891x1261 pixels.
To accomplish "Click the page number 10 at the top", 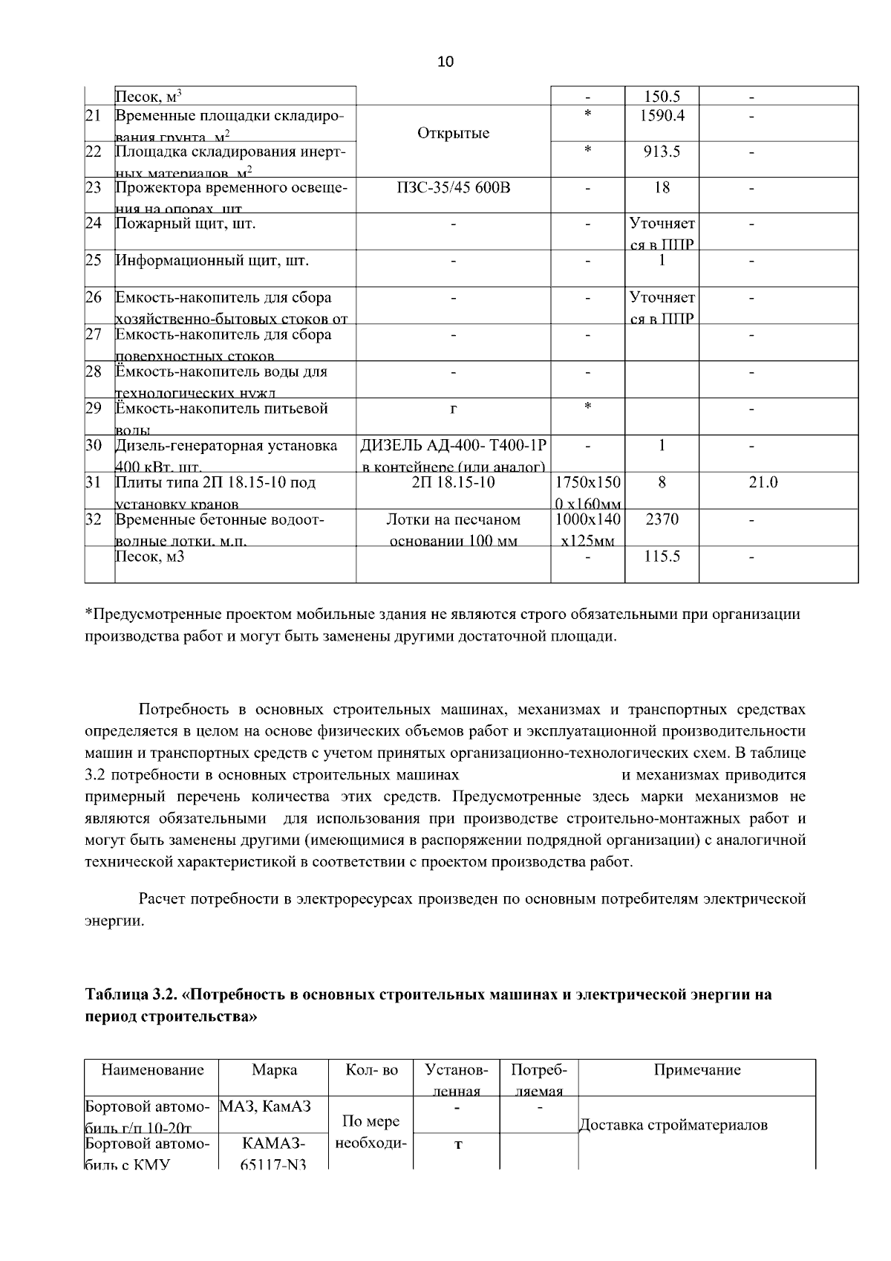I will point(446,62).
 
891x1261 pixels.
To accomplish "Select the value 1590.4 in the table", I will point(662,115).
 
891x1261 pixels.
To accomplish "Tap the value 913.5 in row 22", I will point(662,152).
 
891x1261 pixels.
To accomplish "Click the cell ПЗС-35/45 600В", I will point(454,187).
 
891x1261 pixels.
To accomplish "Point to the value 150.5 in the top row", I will point(662,96).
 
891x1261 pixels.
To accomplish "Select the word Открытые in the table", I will point(454,133).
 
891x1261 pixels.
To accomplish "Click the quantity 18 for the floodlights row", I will point(662,187).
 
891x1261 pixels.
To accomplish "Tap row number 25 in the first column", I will point(93,261).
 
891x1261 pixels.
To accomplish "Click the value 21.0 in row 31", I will point(763,482).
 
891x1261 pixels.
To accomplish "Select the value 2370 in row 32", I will point(662,519).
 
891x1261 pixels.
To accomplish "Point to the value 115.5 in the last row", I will point(662,556).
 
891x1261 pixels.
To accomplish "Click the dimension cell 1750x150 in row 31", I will point(587,482).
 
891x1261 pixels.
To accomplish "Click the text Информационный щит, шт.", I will point(212,261).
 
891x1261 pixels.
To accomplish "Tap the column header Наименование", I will point(152,1070).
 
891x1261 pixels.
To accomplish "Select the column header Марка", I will point(274,1070).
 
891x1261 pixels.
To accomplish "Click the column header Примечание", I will point(696,1070).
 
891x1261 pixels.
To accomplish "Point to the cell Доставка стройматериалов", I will point(673,1124).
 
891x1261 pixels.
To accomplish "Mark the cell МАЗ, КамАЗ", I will point(265,1106).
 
